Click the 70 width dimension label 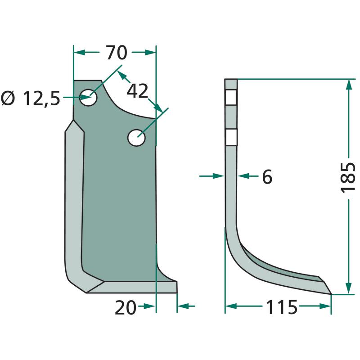tap(117, 53)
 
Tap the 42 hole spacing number tap(137, 91)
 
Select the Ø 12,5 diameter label tap(31, 98)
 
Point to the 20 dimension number tap(126, 308)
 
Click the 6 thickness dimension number tap(267, 176)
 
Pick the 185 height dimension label tap(347, 178)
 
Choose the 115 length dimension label tap(282, 307)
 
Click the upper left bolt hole tap(88, 97)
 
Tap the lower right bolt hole tap(137, 138)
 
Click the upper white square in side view tap(231, 97)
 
